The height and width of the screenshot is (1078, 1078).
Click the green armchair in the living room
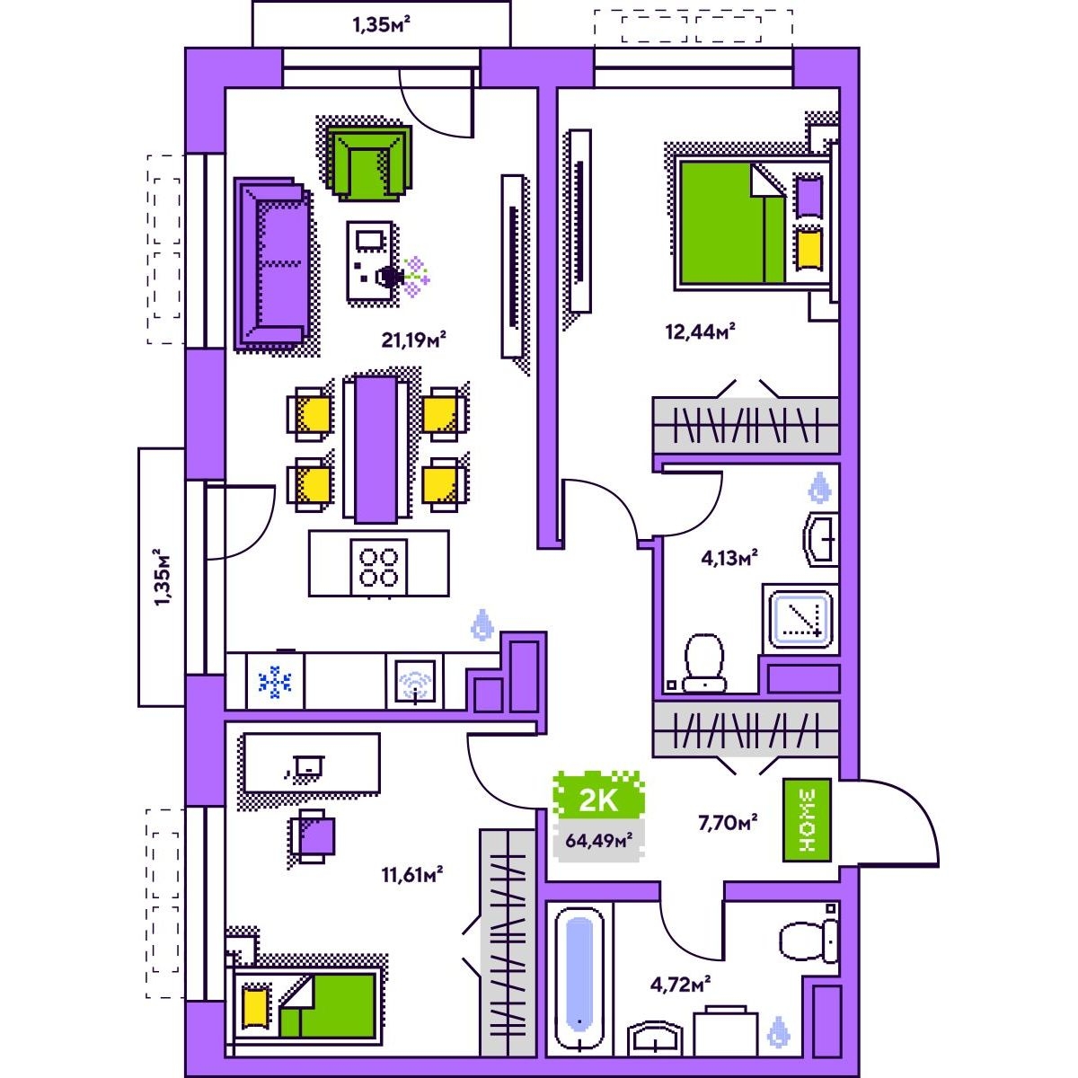[369, 163]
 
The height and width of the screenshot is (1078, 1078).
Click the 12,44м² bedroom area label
[700, 331]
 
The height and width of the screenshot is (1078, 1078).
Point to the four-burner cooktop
[379, 567]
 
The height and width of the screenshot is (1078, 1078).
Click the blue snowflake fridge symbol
[275, 682]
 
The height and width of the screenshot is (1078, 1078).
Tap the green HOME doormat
[807, 820]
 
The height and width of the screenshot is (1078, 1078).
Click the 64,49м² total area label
[598, 840]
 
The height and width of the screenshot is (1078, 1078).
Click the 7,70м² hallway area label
[728, 822]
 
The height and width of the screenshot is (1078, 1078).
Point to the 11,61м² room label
[412, 874]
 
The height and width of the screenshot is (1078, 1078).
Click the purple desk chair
[312, 835]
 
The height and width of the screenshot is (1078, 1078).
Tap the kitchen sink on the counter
[415, 681]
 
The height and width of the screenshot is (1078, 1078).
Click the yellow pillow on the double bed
[809, 250]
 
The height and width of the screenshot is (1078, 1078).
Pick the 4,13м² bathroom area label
[729, 557]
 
